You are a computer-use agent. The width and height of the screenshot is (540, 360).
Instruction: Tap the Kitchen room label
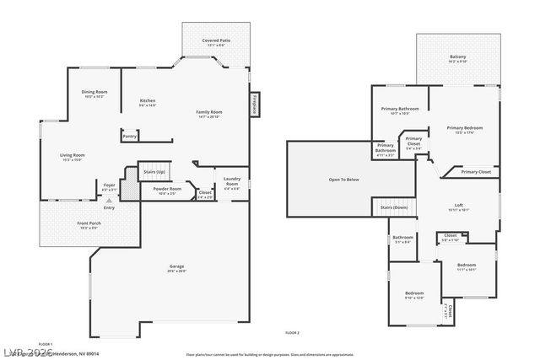tap(148, 101)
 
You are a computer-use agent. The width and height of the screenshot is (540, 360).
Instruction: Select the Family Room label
tap(209, 112)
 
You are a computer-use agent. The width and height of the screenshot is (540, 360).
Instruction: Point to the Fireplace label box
tap(253, 104)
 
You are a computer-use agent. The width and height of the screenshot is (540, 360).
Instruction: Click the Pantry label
tap(129, 136)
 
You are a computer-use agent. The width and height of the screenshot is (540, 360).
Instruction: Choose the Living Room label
tap(72, 155)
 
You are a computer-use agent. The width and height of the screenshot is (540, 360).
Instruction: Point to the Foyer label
tap(109, 185)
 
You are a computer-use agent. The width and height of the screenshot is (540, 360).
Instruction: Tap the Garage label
tap(175, 267)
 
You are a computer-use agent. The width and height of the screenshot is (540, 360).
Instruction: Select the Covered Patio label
tap(216, 40)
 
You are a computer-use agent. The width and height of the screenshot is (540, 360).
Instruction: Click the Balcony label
tap(457, 57)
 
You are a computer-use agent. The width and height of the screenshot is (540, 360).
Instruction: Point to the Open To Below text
tap(343, 179)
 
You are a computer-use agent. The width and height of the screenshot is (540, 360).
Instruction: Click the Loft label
tap(459, 205)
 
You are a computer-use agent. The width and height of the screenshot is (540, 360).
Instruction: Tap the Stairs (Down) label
tap(394, 207)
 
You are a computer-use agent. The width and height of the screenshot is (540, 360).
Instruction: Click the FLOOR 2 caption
tap(293, 335)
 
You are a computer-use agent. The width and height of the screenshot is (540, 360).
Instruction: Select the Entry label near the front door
tap(109, 207)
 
